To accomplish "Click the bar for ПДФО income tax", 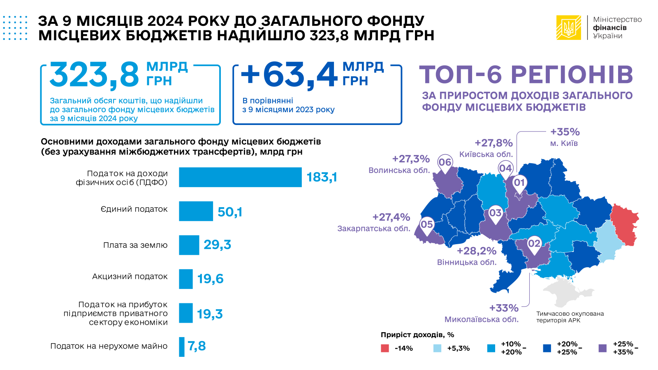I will [x=240, y=177].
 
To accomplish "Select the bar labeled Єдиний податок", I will [x=196, y=211].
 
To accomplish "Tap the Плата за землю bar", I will [x=189, y=245].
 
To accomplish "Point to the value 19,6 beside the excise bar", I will [x=210, y=279].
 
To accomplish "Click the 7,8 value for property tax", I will [x=197, y=346].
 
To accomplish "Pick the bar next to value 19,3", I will [x=185, y=313].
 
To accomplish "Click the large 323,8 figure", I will [x=95, y=75].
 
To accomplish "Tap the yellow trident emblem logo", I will [x=569, y=28].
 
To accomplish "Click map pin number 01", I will [x=519, y=183].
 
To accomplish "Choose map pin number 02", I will [x=534, y=244].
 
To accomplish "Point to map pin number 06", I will [x=445, y=162].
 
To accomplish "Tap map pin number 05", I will [x=426, y=224].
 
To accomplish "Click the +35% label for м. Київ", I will [x=565, y=132].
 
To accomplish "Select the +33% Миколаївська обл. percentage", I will [x=504, y=308].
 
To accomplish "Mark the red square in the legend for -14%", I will [x=385, y=348].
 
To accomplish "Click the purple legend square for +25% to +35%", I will [x=603, y=348].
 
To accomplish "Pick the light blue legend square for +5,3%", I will [x=437, y=348].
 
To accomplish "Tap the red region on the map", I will [x=624, y=224].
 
